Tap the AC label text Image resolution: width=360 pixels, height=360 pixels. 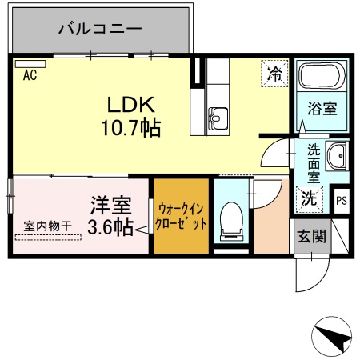(30, 76)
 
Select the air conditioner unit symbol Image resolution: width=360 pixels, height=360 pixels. (30, 63)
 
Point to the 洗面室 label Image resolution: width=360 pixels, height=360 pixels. (314, 162)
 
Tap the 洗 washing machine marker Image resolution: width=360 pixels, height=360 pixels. (308, 198)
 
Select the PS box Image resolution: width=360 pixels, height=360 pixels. (342, 200)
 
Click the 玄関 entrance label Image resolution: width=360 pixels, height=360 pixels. (311, 237)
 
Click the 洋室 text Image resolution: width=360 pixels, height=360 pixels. (106, 204)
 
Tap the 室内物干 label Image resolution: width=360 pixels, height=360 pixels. (47, 226)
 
